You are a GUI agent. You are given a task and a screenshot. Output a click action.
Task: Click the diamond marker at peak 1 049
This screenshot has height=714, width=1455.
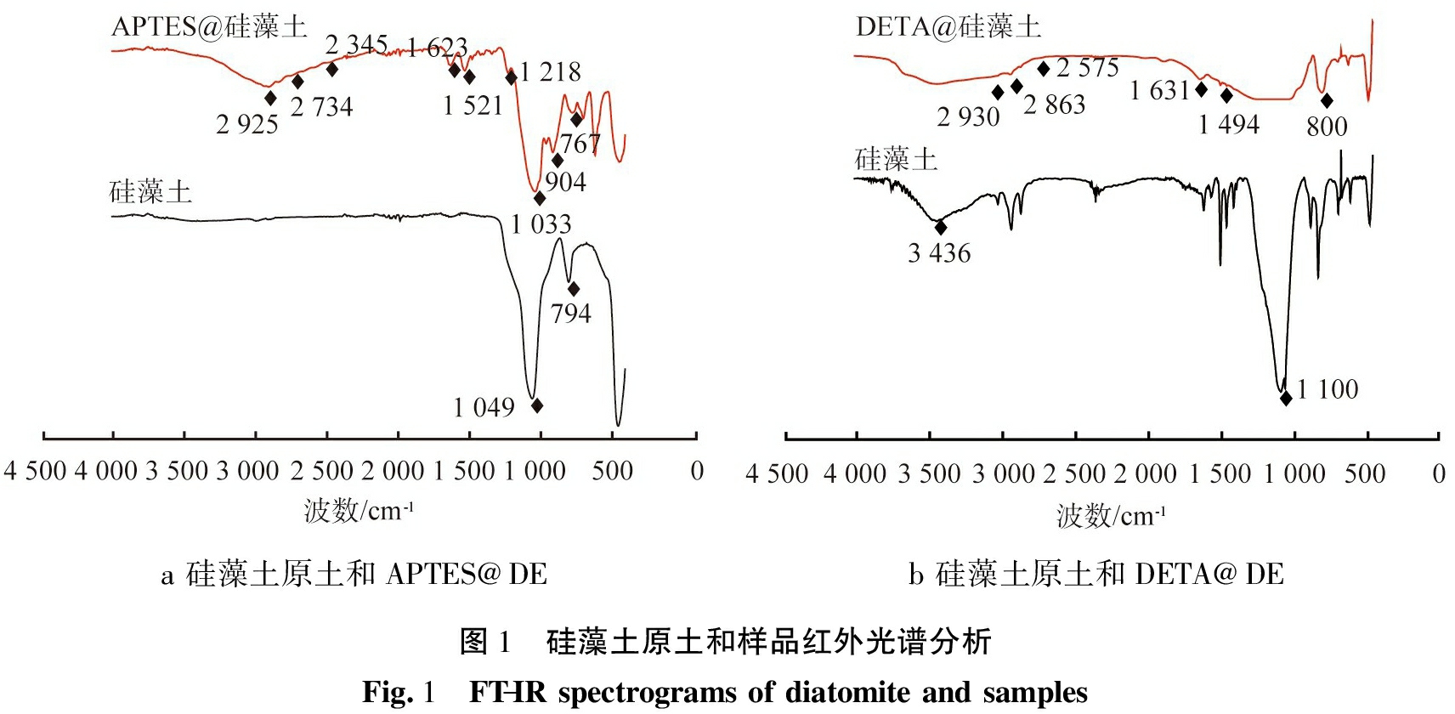[x=536, y=405]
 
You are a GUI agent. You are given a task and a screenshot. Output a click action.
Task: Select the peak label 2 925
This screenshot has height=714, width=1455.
[x=246, y=125]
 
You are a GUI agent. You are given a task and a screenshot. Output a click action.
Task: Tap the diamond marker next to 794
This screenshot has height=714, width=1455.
[x=574, y=289]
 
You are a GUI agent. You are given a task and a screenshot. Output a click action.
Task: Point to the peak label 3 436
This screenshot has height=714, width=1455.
[x=938, y=253]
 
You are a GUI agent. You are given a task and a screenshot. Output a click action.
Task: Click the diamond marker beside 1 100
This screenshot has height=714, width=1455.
[x=1286, y=397]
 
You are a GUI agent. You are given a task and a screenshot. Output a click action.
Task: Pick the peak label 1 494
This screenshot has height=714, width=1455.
[x=1228, y=125]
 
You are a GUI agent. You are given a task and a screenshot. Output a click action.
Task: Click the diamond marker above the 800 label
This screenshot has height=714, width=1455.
[x=1327, y=101]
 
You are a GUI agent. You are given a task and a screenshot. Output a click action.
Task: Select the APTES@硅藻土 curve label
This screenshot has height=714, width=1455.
[x=209, y=26]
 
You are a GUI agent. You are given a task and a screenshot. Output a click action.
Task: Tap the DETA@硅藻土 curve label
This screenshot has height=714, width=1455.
[x=948, y=26]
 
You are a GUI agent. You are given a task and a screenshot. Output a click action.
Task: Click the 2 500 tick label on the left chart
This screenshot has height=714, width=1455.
[x=321, y=471]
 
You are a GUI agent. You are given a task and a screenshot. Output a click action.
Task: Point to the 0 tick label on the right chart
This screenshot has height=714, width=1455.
[x=1438, y=473]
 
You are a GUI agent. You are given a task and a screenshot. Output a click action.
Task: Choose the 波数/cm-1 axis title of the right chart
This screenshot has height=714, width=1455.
[x=1111, y=515]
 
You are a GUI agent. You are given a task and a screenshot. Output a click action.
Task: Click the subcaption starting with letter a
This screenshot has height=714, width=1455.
[x=354, y=575]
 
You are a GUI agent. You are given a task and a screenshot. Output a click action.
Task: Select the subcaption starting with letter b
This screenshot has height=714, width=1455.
[x=1095, y=575]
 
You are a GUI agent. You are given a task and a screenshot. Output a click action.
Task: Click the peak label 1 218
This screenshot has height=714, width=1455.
[x=550, y=72]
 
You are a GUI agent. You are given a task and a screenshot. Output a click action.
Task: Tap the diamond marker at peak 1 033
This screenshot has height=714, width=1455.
[x=540, y=198]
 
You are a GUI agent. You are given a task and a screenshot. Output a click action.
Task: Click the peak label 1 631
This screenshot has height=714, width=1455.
[x=1159, y=90]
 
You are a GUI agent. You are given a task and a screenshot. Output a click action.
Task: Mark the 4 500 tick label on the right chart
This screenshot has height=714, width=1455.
[x=776, y=473]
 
